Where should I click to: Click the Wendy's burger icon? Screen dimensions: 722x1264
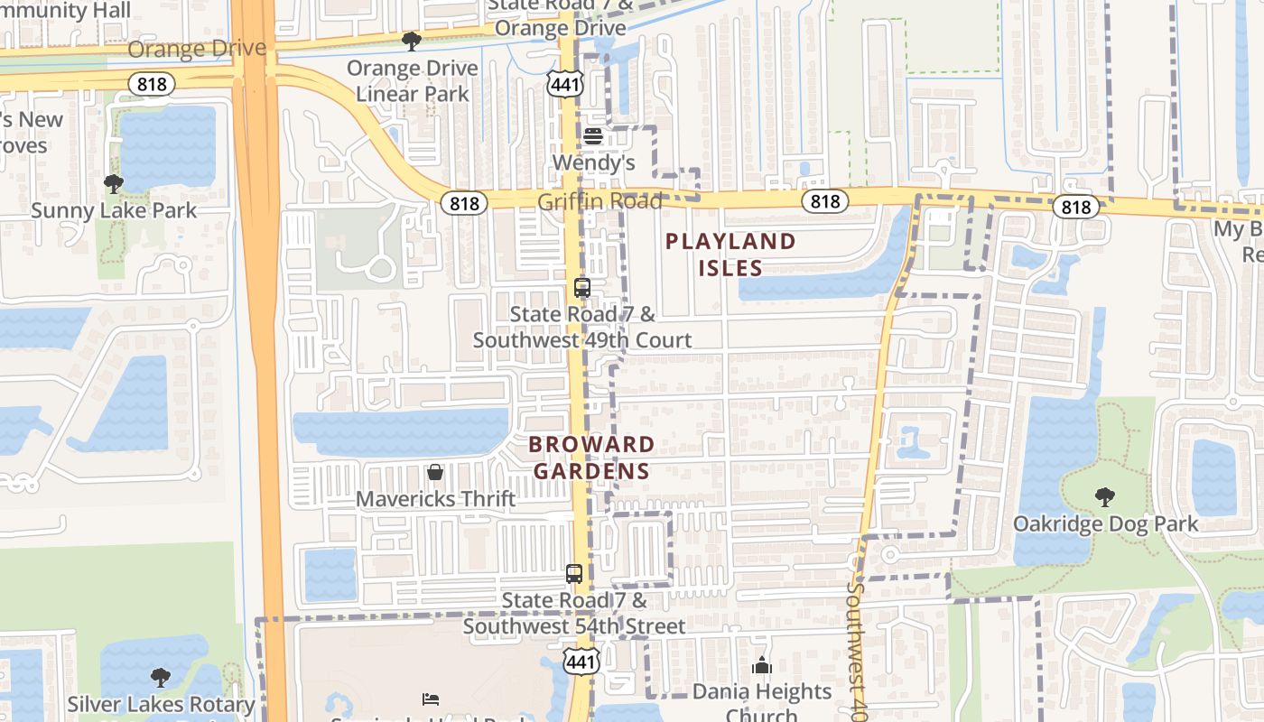tap(593, 136)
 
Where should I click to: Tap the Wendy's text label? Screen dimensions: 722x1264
tap(593, 163)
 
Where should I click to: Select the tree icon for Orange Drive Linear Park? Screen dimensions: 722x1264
tap(412, 41)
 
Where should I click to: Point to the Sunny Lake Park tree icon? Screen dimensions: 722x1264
tap(114, 184)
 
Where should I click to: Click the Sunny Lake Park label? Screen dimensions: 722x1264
tap(114, 211)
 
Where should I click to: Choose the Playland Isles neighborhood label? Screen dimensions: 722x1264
tap(730, 255)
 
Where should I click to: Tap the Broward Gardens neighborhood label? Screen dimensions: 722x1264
tap(591, 458)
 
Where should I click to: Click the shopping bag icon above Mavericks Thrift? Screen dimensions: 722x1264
tap(435, 472)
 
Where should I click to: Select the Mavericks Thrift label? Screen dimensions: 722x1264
tap(436, 499)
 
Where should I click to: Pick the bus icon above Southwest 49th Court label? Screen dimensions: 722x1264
tap(582, 289)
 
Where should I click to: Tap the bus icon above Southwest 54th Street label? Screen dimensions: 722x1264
tap(574, 573)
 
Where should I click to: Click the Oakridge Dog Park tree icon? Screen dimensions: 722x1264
tap(1104, 496)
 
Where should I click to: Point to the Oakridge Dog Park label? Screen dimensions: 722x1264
tap(1106, 523)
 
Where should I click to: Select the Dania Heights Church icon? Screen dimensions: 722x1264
tap(762, 666)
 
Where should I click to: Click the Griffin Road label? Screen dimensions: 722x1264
tap(599, 201)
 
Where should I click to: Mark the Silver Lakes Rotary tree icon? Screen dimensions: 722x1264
tap(161, 677)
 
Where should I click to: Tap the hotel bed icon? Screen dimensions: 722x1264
tap(431, 699)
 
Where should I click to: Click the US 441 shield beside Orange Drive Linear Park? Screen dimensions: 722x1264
tap(566, 85)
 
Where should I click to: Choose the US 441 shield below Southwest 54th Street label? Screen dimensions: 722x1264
tap(581, 662)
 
